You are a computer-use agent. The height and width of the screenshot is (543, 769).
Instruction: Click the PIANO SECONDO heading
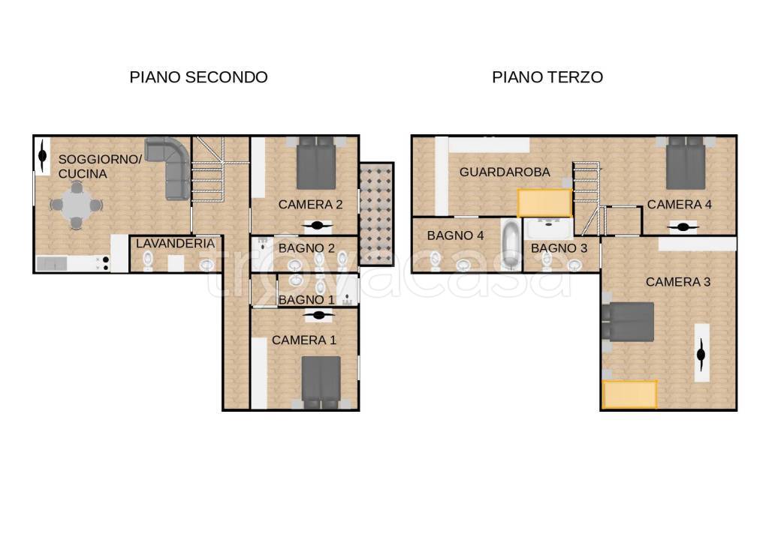click(x=198, y=76)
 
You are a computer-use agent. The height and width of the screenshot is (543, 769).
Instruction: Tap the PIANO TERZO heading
click(x=547, y=76)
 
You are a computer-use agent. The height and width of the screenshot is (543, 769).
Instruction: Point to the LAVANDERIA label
click(x=175, y=243)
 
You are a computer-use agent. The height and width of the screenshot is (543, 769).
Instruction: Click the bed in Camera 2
click(x=315, y=165)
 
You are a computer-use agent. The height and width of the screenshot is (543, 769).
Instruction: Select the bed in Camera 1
click(x=321, y=381)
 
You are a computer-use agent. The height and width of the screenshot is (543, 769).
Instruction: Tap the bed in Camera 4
click(x=685, y=164)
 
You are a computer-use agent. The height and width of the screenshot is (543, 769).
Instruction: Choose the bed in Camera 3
click(x=629, y=322)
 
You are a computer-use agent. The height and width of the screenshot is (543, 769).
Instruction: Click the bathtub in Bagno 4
click(x=511, y=244)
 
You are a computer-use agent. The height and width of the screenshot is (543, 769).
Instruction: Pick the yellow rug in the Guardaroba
click(x=544, y=202)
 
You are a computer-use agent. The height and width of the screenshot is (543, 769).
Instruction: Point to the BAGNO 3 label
click(x=559, y=247)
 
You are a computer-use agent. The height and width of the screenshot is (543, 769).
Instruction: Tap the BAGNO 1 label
click(x=306, y=300)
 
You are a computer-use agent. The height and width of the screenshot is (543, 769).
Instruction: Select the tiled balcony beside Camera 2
click(x=375, y=213)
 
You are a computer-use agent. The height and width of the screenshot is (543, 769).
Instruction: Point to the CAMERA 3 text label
click(x=677, y=282)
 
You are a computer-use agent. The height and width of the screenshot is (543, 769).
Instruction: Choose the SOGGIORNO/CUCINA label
click(x=99, y=166)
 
